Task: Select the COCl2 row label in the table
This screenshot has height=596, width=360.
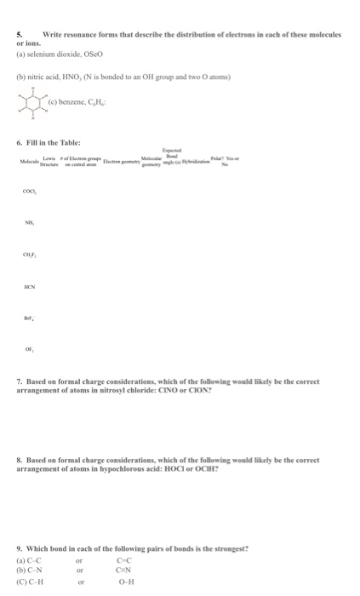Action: point(30,192)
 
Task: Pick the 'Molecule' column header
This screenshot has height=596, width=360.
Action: point(29,162)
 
